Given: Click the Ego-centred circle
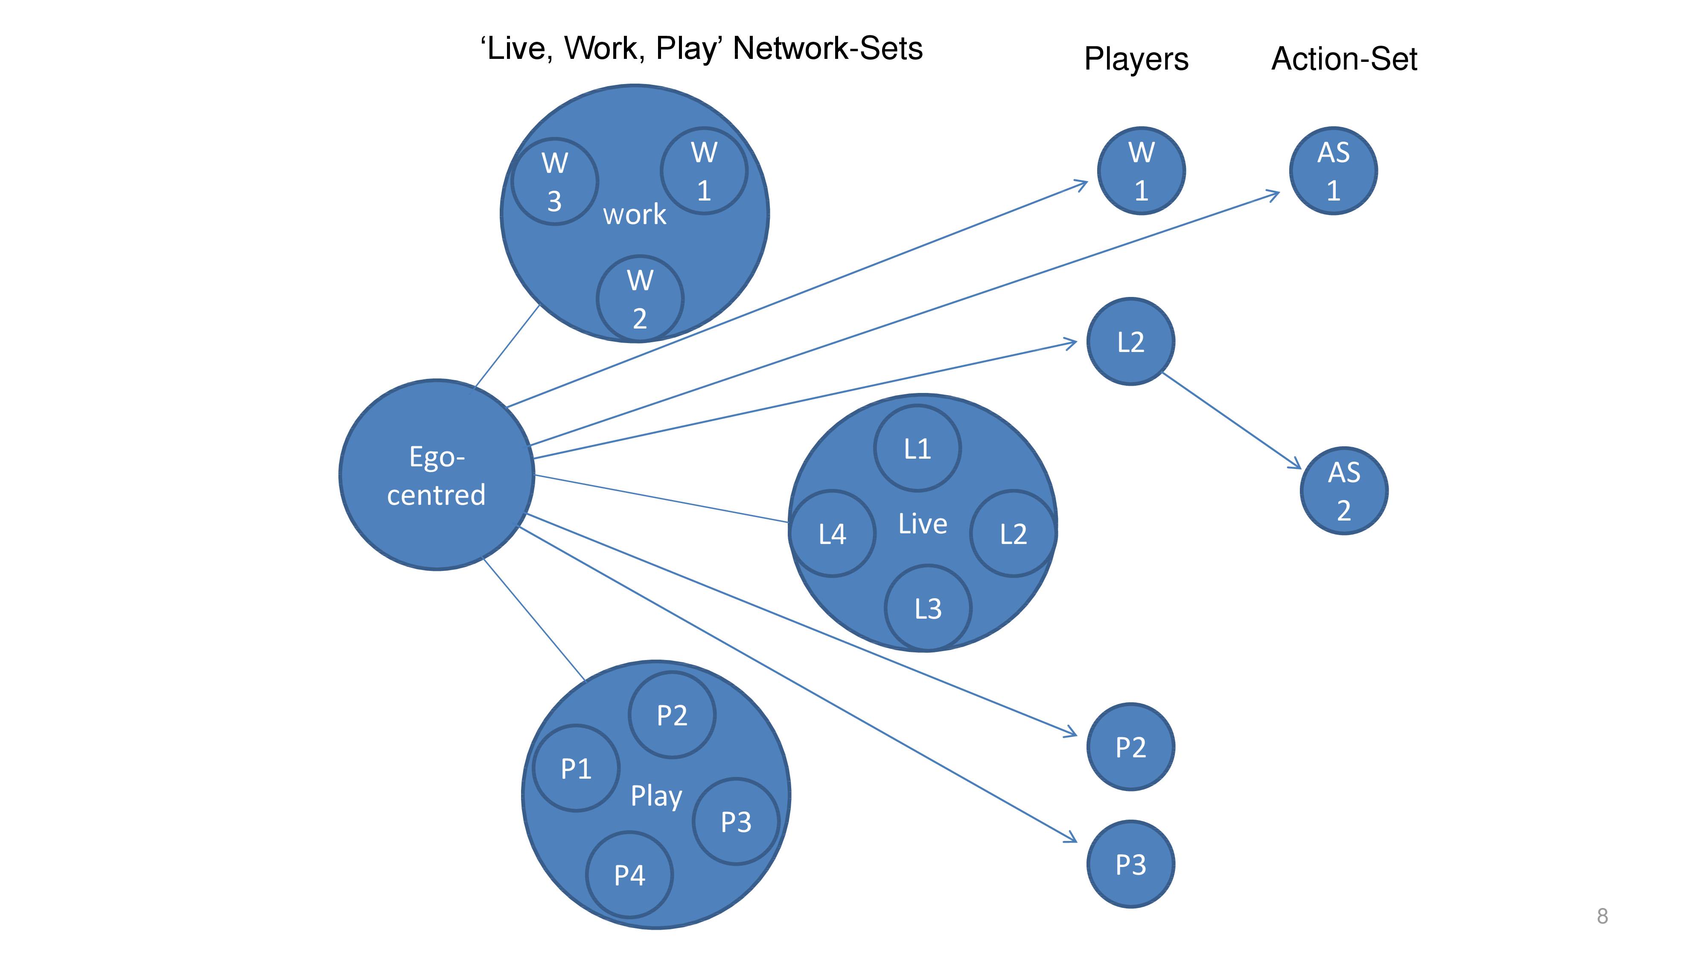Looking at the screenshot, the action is (x=437, y=474).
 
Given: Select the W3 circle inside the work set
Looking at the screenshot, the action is (x=555, y=181).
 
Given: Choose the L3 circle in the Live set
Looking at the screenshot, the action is (x=928, y=608).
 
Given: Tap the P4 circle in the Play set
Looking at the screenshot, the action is (x=629, y=875).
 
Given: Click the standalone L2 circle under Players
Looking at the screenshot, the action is (x=1130, y=341).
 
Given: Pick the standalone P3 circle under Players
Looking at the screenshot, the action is (x=1130, y=864).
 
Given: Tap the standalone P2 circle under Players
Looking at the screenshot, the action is (x=1130, y=747).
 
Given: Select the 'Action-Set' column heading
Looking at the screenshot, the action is (x=1344, y=59).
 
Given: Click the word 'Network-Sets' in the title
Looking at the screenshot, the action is (x=827, y=48).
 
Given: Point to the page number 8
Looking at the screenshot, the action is (x=1602, y=916).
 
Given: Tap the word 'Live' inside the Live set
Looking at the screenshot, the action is (x=922, y=524).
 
